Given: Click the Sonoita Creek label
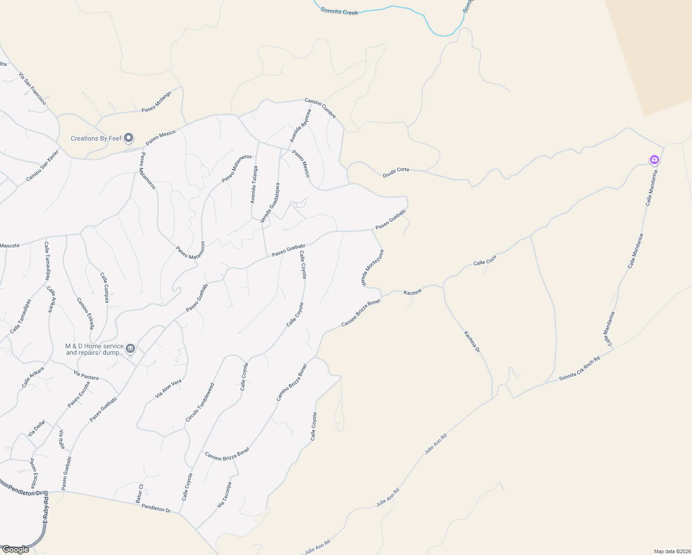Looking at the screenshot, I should (x=340, y=11).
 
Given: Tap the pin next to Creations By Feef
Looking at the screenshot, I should (x=129, y=138).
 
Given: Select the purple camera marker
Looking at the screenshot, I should (x=654, y=160).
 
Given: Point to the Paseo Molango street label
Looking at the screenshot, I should (x=156, y=102).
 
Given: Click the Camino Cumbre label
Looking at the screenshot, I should (x=320, y=108).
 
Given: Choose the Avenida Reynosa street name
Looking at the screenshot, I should (x=301, y=125).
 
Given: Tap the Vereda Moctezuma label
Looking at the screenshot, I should (x=373, y=268).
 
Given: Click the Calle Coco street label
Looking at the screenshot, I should (x=485, y=260).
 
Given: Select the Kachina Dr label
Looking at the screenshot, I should (x=472, y=342).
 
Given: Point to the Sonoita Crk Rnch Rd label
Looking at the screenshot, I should (x=579, y=368).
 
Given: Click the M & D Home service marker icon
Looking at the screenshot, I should (x=130, y=348).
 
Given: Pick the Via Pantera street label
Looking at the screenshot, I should (x=86, y=375).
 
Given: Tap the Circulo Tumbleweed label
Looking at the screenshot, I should (x=200, y=402).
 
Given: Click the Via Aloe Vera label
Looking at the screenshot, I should (x=168, y=389).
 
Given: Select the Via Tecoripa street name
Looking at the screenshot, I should (x=224, y=495).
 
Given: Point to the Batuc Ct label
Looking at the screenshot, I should (x=140, y=493).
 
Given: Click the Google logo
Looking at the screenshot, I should (x=15, y=549).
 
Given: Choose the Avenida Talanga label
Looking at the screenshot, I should (x=253, y=185).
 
